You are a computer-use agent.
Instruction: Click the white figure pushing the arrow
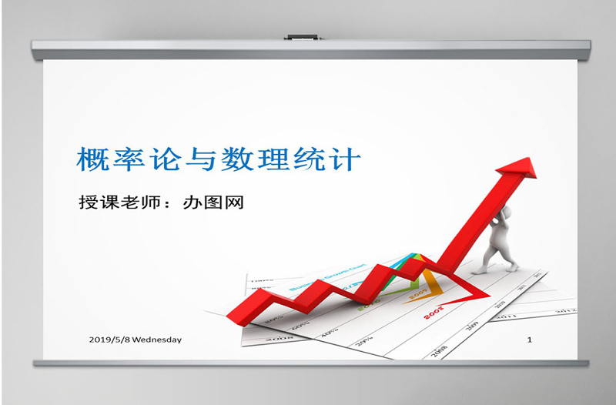tap(496, 239)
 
